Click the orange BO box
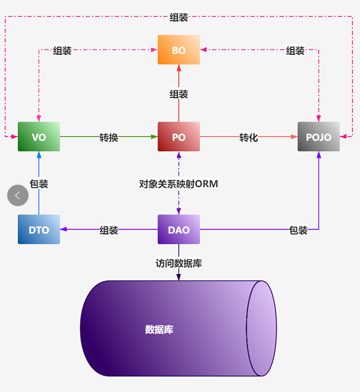(x=179, y=50)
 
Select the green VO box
(x=39, y=137)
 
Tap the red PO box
(x=179, y=137)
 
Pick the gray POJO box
(x=318, y=137)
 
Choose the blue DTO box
(x=39, y=230)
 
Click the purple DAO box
(x=179, y=230)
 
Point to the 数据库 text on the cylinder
(x=159, y=329)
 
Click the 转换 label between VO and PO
(x=108, y=138)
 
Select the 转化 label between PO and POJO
(x=249, y=138)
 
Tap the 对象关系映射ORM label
(x=179, y=184)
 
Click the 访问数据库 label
(x=179, y=263)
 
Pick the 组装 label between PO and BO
(x=179, y=94)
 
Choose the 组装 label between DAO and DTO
(x=108, y=231)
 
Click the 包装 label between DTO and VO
(x=39, y=184)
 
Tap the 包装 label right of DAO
(x=298, y=231)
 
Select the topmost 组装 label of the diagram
(x=179, y=18)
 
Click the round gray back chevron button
(x=18, y=195)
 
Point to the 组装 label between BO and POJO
(x=295, y=51)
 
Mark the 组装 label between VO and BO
(x=62, y=51)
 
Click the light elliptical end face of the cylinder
(x=261, y=328)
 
